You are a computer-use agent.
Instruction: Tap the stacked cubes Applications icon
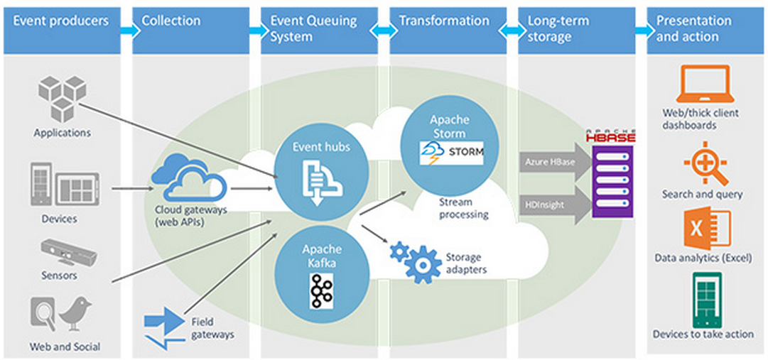tap(62, 99)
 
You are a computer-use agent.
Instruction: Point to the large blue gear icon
tap(423, 265)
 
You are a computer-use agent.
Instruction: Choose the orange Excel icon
tap(705, 231)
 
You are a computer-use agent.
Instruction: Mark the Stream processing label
tap(463, 207)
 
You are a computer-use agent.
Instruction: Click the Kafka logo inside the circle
tap(321, 290)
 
